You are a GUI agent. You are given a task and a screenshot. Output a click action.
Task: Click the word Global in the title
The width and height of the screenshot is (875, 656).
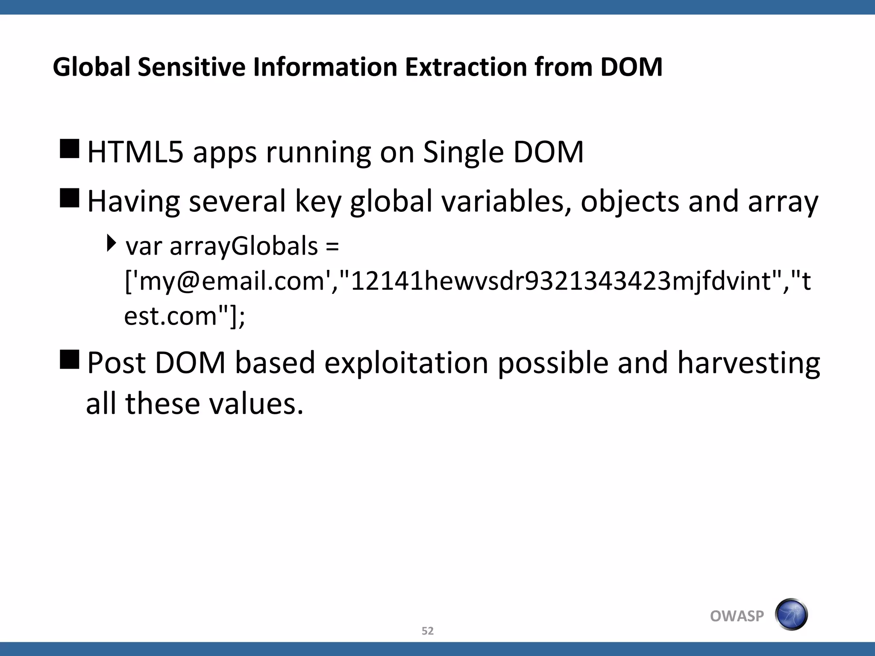91,67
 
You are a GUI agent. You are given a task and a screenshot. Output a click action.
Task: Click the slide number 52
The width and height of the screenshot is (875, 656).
427,631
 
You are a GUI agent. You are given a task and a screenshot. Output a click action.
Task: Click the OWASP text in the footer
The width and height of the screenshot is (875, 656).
737,616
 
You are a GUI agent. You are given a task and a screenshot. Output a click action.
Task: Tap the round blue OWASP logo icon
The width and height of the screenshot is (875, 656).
791,615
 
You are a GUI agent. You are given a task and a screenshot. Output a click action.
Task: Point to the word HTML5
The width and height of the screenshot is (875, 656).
135,152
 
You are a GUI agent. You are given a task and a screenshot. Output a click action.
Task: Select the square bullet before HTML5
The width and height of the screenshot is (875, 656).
70,149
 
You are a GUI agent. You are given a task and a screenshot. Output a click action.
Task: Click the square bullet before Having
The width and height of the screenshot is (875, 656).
70,198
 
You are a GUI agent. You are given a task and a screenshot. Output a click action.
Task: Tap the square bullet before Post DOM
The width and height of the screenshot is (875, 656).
70,359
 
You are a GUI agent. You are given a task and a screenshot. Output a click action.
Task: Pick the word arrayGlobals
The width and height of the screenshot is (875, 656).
244,246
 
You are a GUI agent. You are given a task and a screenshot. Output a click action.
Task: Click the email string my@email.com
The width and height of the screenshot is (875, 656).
232,281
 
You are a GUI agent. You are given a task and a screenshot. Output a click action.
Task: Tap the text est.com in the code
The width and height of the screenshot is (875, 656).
170,316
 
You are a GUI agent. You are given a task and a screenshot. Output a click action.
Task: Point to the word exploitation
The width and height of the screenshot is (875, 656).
406,363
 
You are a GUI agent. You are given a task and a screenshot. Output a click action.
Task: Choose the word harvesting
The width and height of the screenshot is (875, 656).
749,363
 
